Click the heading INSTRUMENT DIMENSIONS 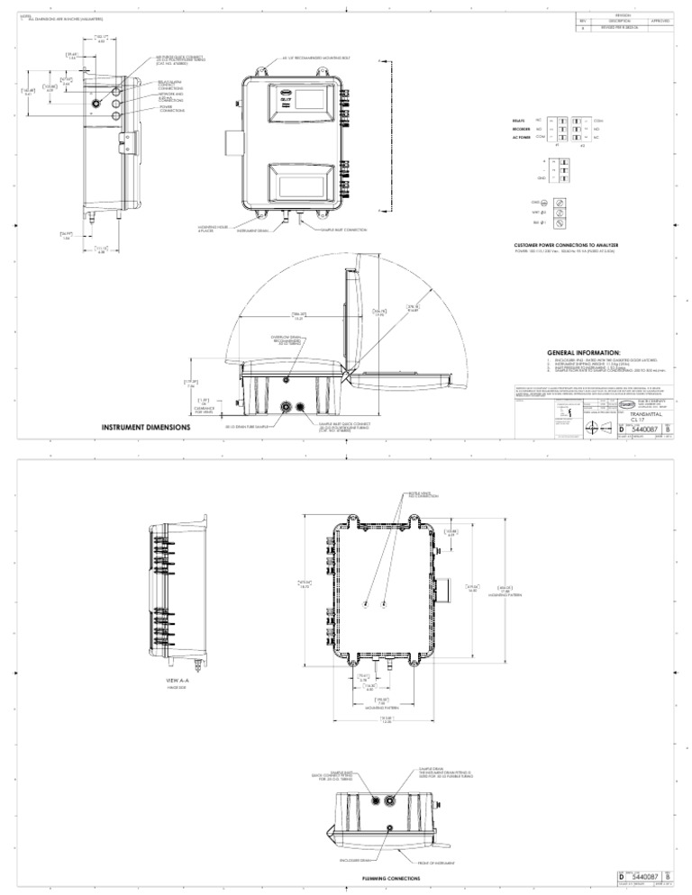click(141, 427)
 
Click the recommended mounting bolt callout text click(312, 56)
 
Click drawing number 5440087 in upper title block click(643, 432)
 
